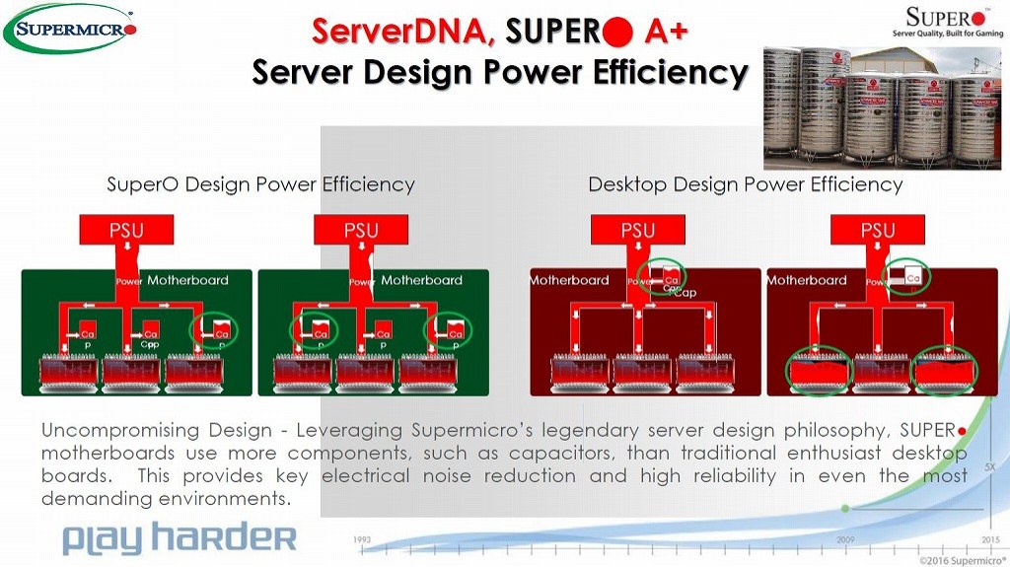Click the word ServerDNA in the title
click(x=402, y=31)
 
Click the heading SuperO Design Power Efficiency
click(x=260, y=184)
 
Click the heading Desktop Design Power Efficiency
click(x=745, y=184)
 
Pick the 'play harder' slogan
click(x=179, y=538)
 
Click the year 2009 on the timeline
click(x=845, y=540)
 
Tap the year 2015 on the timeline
click(x=989, y=540)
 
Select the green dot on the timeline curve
click(x=845, y=508)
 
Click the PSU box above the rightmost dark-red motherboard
click(x=878, y=231)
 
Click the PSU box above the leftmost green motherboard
click(x=126, y=231)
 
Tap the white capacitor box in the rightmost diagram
click(x=906, y=277)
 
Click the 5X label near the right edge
click(x=989, y=463)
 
